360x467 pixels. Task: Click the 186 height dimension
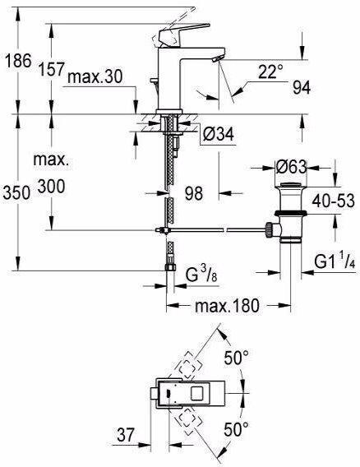point(18,61)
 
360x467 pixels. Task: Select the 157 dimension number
point(52,69)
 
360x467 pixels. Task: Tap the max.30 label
point(95,76)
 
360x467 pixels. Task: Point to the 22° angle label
point(270,72)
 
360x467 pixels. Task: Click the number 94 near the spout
point(302,87)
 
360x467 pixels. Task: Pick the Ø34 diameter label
point(219,134)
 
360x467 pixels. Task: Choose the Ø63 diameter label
point(291,167)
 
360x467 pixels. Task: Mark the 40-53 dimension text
point(334,201)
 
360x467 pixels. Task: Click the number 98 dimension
point(194,193)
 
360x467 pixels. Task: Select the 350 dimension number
point(16,192)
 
